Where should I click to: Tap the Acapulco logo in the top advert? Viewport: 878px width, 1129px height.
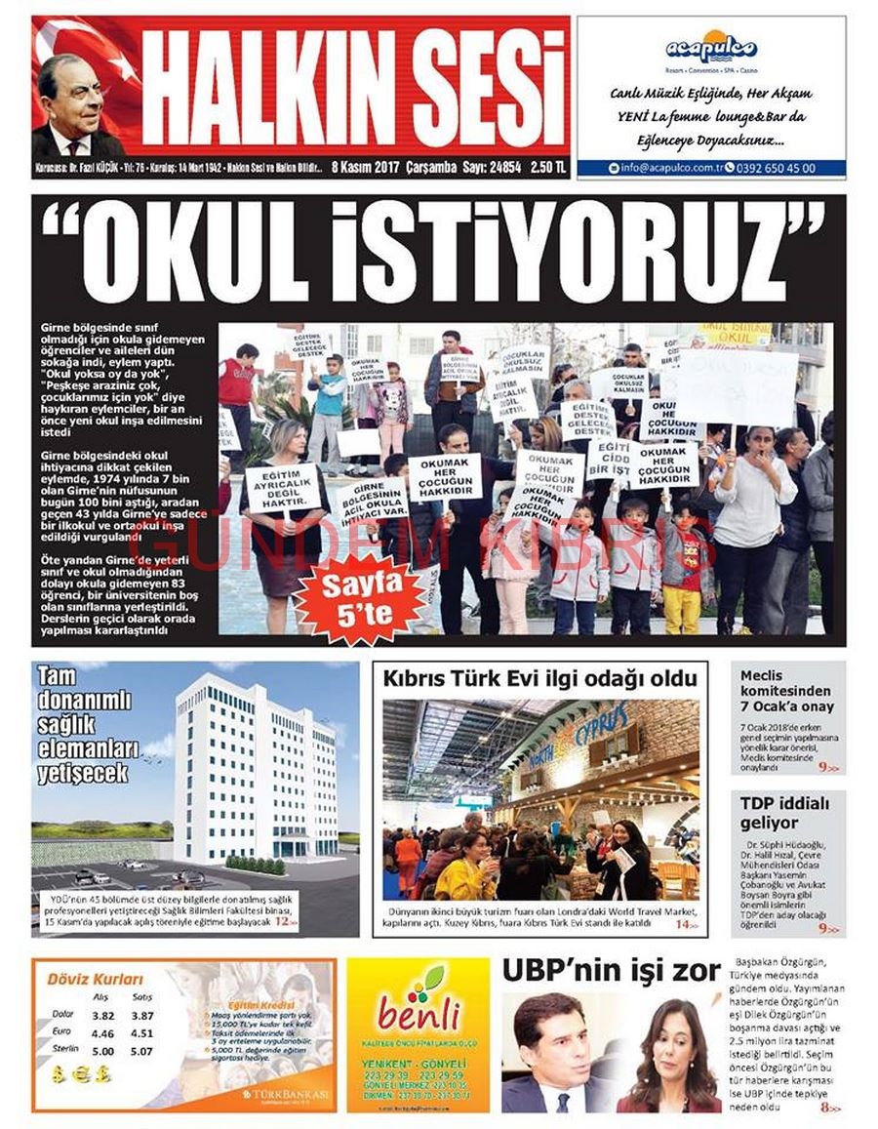710,48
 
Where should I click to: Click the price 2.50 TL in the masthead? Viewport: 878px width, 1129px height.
547,167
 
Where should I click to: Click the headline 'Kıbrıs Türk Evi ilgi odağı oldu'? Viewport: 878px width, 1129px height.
539,678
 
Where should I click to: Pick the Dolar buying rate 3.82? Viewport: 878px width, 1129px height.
102,1016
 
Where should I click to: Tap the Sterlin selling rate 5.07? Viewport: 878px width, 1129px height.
140,1052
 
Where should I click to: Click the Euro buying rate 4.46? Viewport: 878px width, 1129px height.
102,1033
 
